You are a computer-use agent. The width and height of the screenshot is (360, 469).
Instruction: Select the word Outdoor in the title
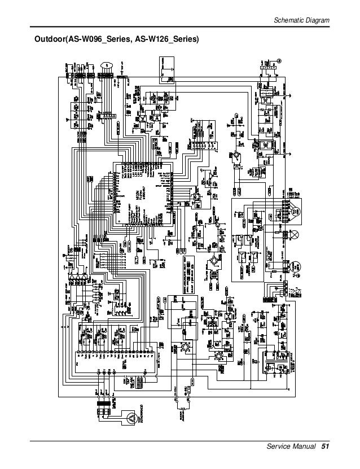49,40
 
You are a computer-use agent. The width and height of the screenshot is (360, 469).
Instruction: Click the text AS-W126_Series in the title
167,40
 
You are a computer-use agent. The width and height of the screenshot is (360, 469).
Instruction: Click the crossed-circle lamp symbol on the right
295,234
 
